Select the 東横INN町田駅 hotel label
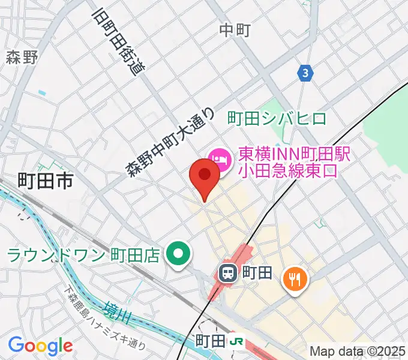[x=294, y=154]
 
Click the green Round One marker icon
[x=178, y=255]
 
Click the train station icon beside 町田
[x=228, y=274]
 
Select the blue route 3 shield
[x=305, y=73]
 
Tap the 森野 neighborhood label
[x=22, y=58]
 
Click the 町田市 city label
[x=46, y=181]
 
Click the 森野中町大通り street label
[x=170, y=142]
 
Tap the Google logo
[x=40, y=346]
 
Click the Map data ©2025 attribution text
[x=358, y=351]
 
